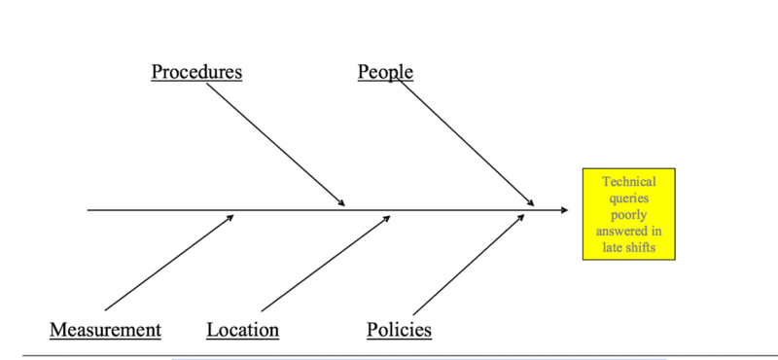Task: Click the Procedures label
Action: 196,72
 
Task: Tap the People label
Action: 385,72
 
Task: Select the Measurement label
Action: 105,330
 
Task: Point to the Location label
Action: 242,330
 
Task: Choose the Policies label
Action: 399,330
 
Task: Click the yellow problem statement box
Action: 628,214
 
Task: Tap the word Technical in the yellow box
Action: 628,181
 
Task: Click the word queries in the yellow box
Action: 628,198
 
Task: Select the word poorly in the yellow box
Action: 628,215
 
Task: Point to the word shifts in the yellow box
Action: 641,247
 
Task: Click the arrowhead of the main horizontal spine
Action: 565,210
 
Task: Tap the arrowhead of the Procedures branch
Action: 341,202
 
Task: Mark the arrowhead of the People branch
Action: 530,202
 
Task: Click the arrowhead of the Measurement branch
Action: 230,217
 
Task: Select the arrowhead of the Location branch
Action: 387,218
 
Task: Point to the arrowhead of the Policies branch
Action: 521,217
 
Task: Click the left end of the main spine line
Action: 88,210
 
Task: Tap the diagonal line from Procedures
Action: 275,145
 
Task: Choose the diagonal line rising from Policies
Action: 469,265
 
